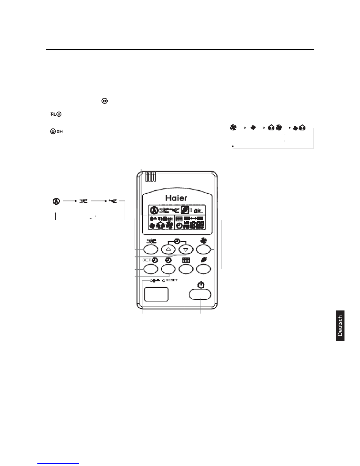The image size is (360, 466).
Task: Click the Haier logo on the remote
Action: [177, 198]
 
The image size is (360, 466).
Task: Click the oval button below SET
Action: [150, 269]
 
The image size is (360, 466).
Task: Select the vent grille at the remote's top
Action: [151, 177]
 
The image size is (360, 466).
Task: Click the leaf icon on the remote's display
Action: [185, 210]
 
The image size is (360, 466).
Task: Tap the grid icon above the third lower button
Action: [186, 260]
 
